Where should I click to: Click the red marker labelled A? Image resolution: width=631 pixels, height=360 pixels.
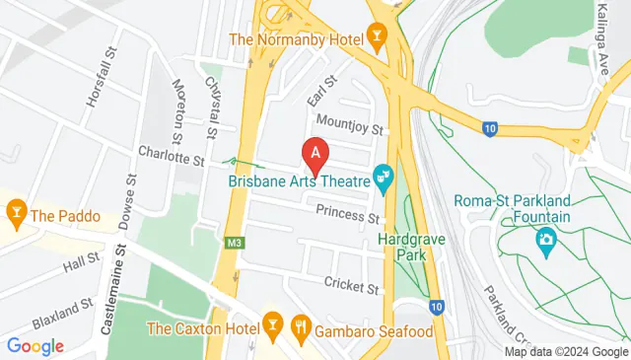(x=315, y=155)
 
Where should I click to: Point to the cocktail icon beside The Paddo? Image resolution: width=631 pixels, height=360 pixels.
(x=16, y=212)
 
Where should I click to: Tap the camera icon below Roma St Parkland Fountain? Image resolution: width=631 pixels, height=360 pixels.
(x=545, y=239)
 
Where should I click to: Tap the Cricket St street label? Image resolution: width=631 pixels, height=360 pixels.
(x=351, y=286)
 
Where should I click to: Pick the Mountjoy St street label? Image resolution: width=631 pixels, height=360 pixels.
(x=347, y=125)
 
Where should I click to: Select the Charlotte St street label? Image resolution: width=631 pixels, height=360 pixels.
(x=171, y=157)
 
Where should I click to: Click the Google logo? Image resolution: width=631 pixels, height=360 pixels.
(x=35, y=346)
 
